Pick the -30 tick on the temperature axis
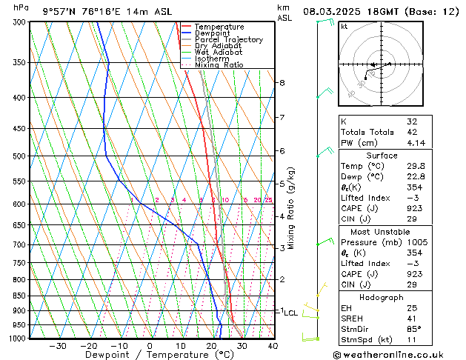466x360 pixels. click(x=57, y=345)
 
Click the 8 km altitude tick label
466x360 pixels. click(x=282, y=82)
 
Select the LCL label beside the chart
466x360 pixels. click(x=290, y=313)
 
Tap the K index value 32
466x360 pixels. click(x=412, y=121)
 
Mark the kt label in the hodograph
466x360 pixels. click(x=344, y=27)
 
